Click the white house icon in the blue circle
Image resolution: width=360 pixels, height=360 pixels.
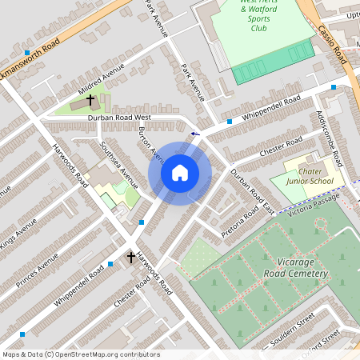(x=180, y=173)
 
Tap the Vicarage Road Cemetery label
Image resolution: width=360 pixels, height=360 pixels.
(x=296, y=267)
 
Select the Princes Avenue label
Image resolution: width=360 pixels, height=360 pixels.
(x=40, y=274)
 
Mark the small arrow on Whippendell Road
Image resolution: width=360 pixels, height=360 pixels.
(x=194, y=134)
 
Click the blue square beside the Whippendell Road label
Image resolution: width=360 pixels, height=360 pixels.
(x=230, y=122)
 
